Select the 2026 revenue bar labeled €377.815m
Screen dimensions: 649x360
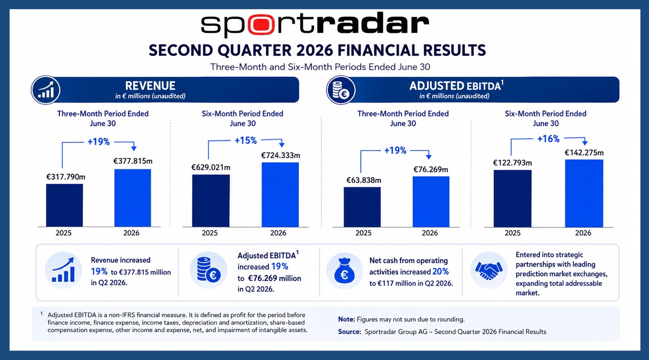click(133, 198)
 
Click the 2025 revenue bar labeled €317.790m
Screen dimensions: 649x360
click(64, 205)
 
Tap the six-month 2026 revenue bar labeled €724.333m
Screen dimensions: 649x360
click(280, 194)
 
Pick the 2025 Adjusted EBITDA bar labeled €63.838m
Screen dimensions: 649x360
click(362, 207)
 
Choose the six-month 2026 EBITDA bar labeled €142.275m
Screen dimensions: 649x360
click(584, 193)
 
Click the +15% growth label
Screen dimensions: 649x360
click(245, 140)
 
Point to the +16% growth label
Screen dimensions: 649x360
click(548, 139)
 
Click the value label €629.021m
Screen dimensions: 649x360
click(211, 168)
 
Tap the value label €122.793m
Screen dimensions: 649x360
click(513, 163)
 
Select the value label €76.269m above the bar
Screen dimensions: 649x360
click(430, 170)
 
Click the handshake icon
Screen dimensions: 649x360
click(489, 270)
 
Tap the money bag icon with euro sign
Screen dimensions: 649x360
click(344, 271)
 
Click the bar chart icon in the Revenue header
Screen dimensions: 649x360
click(46, 90)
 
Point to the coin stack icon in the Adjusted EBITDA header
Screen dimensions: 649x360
click(341, 90)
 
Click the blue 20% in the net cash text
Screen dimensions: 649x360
click(441, 272)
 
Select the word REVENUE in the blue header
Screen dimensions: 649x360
click(150, 86)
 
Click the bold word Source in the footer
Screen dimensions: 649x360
click(350, 332)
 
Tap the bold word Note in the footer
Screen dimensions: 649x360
click(346, 320)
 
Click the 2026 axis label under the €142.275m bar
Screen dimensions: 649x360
click(583, 233)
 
